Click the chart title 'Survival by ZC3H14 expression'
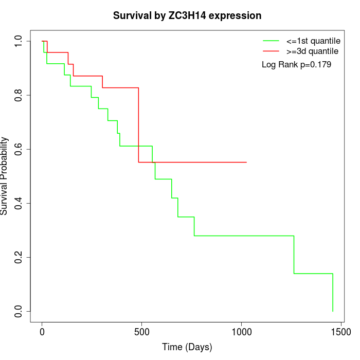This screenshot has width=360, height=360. click(x=187, y=16)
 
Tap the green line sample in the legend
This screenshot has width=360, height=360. click(x=271, y=41)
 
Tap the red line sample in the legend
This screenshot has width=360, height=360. click(x=271, y=51)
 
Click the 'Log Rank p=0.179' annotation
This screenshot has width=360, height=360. click(x=296, y=65)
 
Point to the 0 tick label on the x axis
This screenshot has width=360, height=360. click(x=42, y=333)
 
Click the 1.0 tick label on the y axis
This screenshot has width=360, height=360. click(x=19, y=41)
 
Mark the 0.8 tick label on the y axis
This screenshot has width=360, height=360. click(x=19, y=95)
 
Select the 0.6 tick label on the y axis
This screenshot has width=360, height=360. click(x=19, y=149)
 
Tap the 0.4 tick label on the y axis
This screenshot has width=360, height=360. click(x=19, y=203)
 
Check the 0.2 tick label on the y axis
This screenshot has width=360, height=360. click(x=19, y=257)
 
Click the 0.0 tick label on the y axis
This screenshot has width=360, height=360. click(x=19, y=311)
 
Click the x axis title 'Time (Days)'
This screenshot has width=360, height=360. click(x=187, y=348)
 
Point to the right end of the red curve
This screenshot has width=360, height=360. click(x=246, y=162)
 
